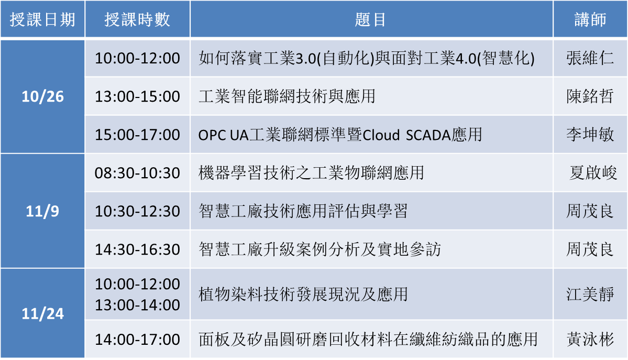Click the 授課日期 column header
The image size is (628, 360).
pos(42,19)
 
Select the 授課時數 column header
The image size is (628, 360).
pos(137,19)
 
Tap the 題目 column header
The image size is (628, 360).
pos(371,19)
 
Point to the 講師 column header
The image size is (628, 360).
pos(590,19)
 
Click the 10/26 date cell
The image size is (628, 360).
pos(42,96)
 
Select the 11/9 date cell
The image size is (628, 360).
pos(42,211)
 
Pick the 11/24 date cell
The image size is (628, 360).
pos(42,313)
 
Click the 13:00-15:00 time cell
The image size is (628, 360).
pos(137,96)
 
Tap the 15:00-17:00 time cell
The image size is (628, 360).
pos(137,135)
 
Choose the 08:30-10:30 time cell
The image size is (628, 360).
pos(137,173)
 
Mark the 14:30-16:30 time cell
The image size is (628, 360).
pos(137,249)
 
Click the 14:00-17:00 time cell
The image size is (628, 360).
pos(137,340)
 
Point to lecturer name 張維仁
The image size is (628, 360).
pos(590,58)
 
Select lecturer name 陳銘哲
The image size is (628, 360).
pos(590,96)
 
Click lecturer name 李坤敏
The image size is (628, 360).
pos(590,135)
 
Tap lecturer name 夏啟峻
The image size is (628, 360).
pos(593,173)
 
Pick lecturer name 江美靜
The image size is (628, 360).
pos(590,294)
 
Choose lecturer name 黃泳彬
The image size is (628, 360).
pos(590,340)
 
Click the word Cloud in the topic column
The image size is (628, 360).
pos(381,135)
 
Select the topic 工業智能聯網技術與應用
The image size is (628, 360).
pos(287,96)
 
